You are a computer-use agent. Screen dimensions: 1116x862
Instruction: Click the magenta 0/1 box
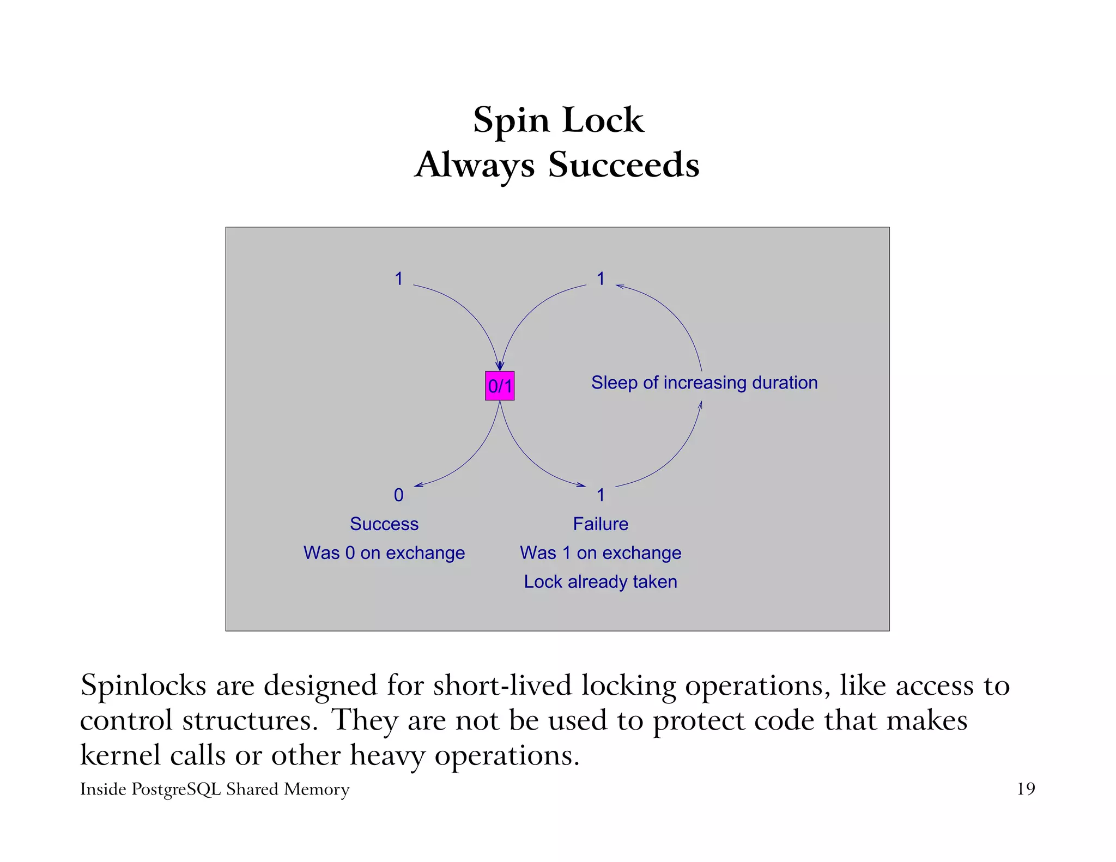(500, 386)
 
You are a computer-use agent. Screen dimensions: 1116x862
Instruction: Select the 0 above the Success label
(399, 495)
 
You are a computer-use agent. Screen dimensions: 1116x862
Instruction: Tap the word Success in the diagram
(384, 524)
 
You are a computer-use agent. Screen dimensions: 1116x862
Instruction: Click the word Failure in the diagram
(601, 524)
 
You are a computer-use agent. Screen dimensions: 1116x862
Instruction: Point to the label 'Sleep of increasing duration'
(704, 383)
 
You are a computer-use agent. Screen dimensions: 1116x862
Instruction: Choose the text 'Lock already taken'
(601, 581)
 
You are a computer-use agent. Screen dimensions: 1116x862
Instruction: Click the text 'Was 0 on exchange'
(384, 553)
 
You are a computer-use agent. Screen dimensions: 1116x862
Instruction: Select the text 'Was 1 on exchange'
(601, 553)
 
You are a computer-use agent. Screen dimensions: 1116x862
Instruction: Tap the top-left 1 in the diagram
(399, 278)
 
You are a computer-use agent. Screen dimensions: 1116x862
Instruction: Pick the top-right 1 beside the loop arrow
(601, 278)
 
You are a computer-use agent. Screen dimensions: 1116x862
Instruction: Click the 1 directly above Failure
(601, 495)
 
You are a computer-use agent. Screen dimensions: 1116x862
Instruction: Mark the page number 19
(1026, 789)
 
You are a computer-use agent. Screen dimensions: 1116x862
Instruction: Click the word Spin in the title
(511, 120)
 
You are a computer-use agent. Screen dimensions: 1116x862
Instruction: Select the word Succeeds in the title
(623, 165)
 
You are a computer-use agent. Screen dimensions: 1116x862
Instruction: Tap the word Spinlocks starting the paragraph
(143, 685)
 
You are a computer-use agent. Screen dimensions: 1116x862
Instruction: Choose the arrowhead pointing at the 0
(417, 485)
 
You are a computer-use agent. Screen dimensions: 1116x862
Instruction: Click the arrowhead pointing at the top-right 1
(619, 286)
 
